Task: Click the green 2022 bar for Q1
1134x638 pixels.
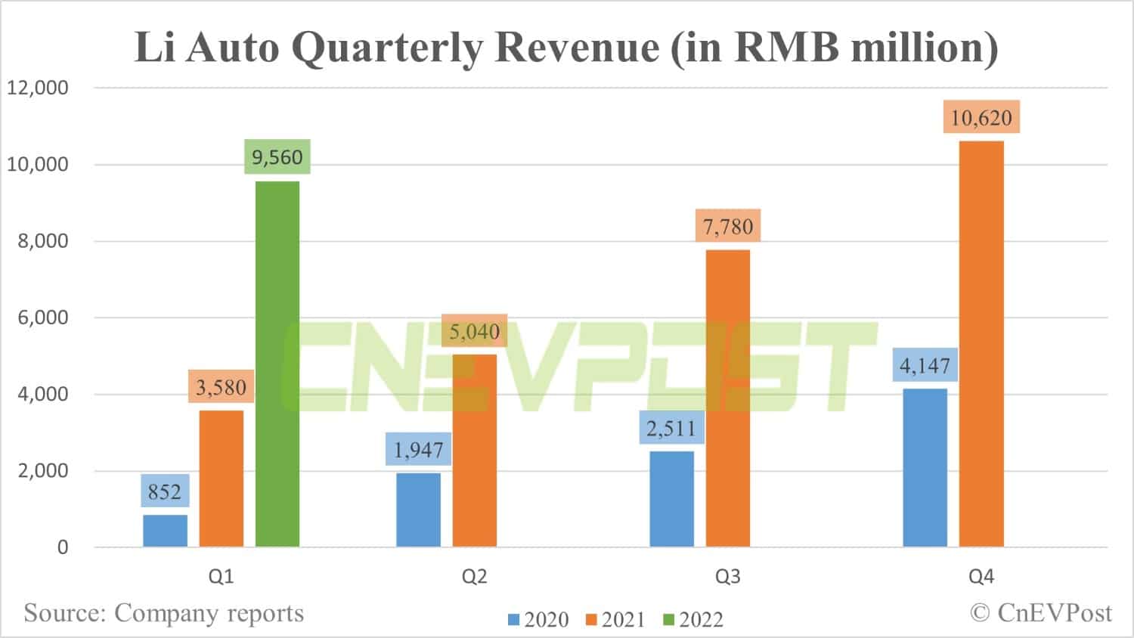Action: click(x=277, y=364)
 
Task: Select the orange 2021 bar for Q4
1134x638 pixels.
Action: click(x=981, y=344)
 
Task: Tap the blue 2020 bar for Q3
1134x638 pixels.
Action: click(x=671, y=499)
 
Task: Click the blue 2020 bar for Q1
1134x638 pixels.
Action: click(x=165, y=531)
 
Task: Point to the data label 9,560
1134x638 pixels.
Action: click(x=277, y=157)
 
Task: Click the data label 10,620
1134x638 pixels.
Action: click(x=981, y=117)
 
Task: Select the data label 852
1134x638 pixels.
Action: click(x=165, y=492)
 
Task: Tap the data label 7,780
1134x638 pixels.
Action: click(x=728, y=226)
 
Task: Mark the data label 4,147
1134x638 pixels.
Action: click(x=925, y=366)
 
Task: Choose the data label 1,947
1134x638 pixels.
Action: click(x=418, y=450)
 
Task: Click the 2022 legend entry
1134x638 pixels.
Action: click(x=693, y=620)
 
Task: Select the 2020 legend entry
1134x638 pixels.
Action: click(x=538, y=620)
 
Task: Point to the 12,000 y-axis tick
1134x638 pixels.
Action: click(x=38, y=88)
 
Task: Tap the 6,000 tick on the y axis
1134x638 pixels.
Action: click(x=42, y=317)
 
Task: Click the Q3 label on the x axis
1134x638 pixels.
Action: click(x=728, y=578)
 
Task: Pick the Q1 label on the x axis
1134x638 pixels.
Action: click(x=221, y=578)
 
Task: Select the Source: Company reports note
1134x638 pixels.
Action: click(x=163, y=612)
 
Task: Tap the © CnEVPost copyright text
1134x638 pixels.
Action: click(x=1041, y=612)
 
